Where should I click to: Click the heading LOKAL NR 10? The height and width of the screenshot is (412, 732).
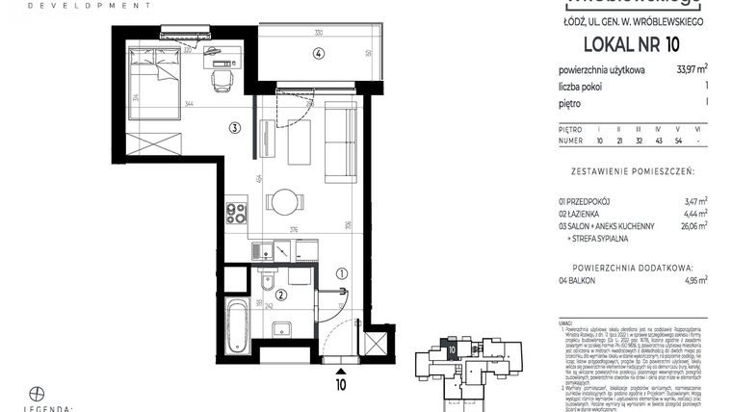point(631,44)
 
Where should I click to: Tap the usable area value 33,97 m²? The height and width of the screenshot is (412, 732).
point(693,68)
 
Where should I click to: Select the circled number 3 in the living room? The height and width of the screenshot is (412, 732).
point(234,127)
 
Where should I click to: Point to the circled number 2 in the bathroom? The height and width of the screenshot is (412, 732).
point(280,296)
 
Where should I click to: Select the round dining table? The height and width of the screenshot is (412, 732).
point(284,202)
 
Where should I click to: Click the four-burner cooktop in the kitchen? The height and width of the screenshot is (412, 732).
point(236,212)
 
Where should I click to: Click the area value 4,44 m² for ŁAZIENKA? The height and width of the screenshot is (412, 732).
point(694,213)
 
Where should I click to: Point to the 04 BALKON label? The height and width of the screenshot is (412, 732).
point(576,281)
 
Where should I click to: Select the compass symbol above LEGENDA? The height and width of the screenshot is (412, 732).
point(38,393)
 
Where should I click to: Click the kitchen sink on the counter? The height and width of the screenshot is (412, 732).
point(261,250)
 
